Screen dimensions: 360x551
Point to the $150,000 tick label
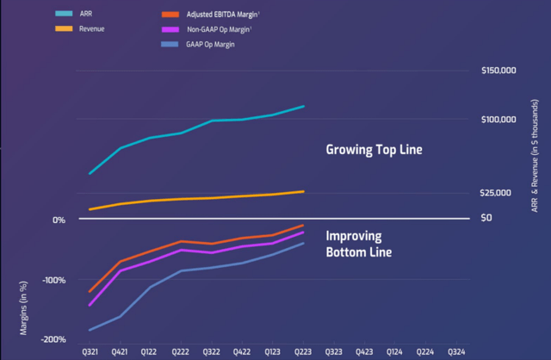498,71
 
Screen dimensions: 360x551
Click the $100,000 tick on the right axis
498,120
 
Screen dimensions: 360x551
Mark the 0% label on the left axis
59,220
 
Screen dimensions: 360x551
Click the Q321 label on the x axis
90,352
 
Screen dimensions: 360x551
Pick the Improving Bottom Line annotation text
358,244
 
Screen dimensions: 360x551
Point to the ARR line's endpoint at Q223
303,107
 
